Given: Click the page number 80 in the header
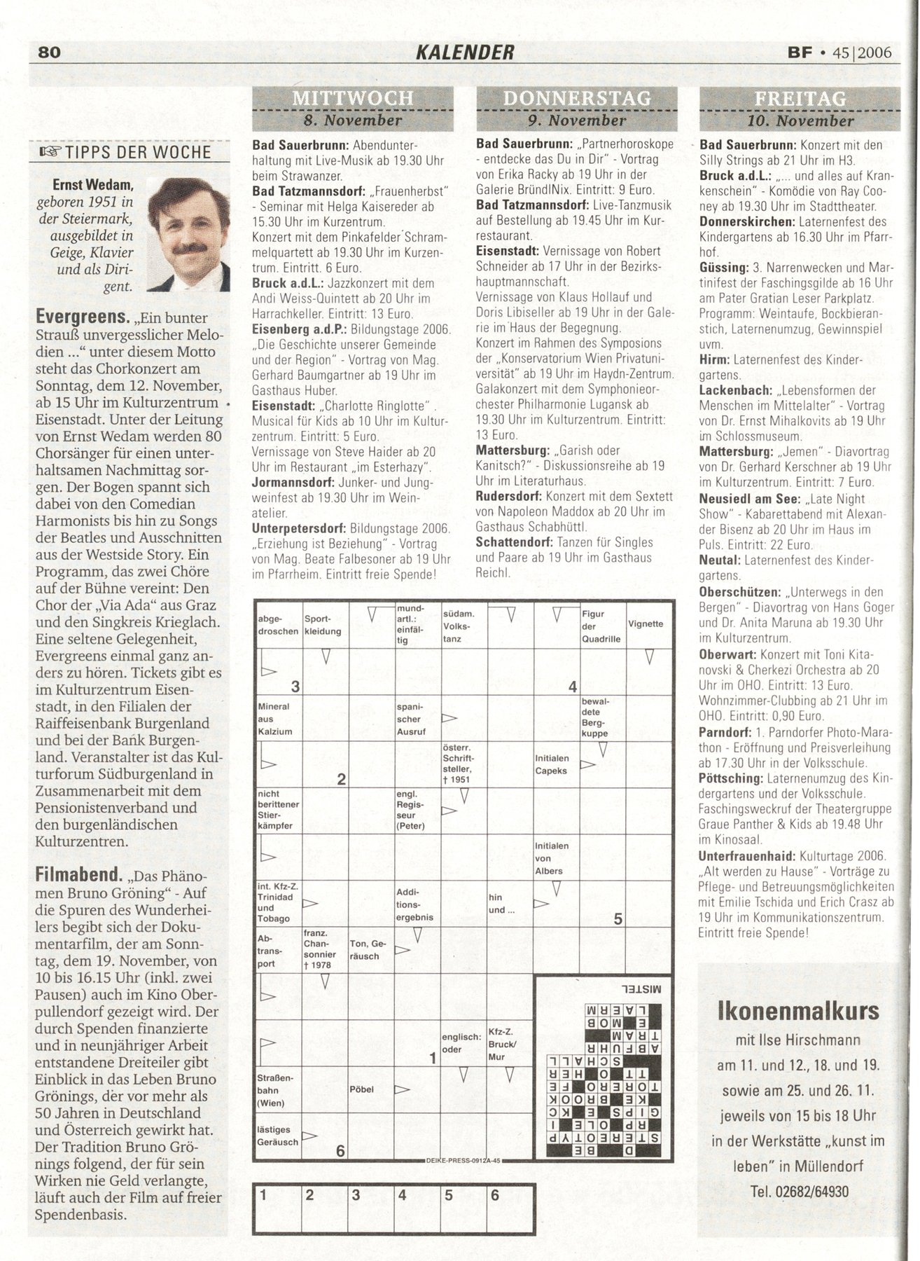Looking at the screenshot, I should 52,53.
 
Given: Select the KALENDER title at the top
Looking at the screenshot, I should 466,52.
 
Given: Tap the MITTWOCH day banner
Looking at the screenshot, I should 352,99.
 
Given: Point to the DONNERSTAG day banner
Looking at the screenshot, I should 576,99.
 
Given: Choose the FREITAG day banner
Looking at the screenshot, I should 800,99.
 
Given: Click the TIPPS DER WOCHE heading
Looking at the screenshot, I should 136,152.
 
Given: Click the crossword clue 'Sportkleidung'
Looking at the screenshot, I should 323,625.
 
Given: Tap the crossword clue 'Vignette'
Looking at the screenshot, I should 646,623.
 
